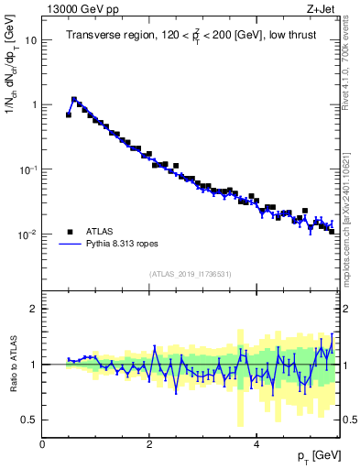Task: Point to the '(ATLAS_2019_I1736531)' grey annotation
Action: pyautogui.click(x=190, y=274)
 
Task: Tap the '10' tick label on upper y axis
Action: pyautogui.click(x=30, y=40)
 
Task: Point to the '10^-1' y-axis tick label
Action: pyautogui.click(x=28, y=169)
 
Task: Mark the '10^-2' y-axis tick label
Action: pyautogui.click(x=28, y=234)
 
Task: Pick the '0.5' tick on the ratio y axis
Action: pyautogui.click(x=28, y=420)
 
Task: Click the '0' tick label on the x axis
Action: pyautogui.click(x=42, y=444)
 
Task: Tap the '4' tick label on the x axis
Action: pyautogui.click(x=257, y=444)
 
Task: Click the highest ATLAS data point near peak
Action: pyautogui.click(x=74, y=100)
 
